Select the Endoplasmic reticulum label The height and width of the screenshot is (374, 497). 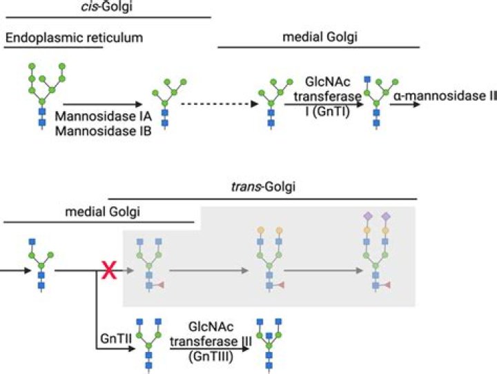pyautogui.click(x=74, y=37)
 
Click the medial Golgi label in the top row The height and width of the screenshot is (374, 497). pyautogui.click(x=319, y=37)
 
